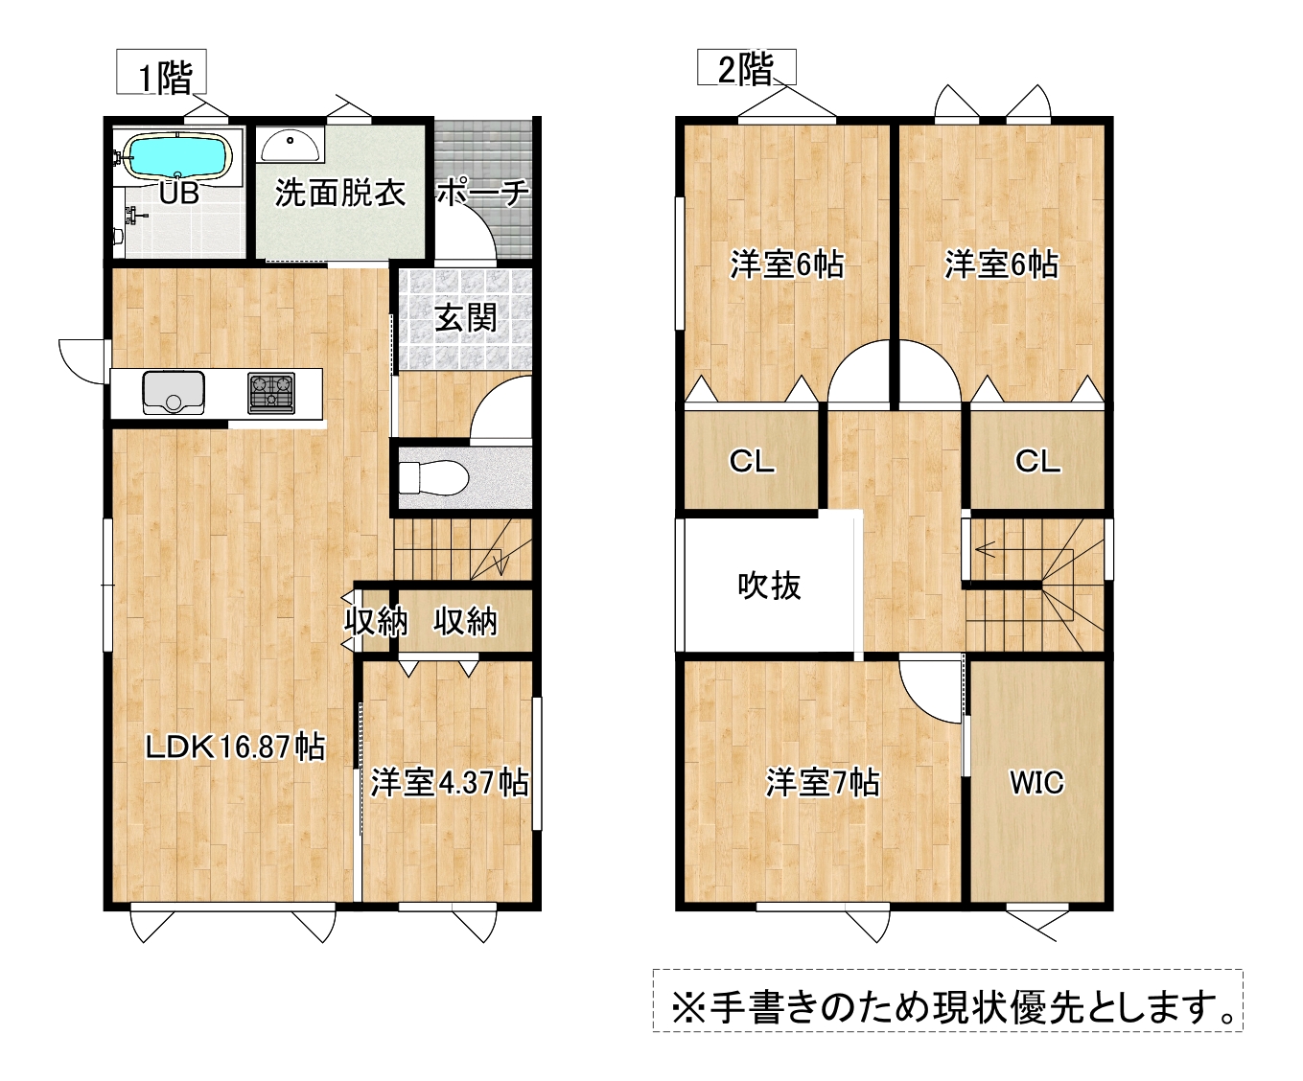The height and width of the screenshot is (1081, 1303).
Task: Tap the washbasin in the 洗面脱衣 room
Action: [291, 145]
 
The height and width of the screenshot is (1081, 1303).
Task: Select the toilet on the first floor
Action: [433, 478]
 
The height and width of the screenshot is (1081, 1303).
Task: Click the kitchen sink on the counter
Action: [174, 393]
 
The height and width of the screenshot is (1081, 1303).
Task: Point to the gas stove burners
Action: [271, 393]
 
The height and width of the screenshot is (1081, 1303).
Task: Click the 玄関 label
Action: [466, 318]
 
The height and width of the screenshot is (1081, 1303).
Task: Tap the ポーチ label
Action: [482, 193]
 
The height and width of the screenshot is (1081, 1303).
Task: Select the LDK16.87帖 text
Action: [235, 747]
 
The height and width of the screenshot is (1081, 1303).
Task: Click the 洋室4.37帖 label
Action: [450, 782]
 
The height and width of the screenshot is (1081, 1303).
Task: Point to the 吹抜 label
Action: [769, 586]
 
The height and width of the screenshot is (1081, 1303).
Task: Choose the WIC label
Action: [1036, 783]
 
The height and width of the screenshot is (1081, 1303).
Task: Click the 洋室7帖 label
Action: [823, 783]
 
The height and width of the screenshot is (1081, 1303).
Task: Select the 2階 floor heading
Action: [746, 69]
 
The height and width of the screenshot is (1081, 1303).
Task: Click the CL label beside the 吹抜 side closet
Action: [752, 462]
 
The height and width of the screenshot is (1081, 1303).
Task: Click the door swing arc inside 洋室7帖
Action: [919, 703]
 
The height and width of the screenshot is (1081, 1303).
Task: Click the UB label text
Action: [179, 193]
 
